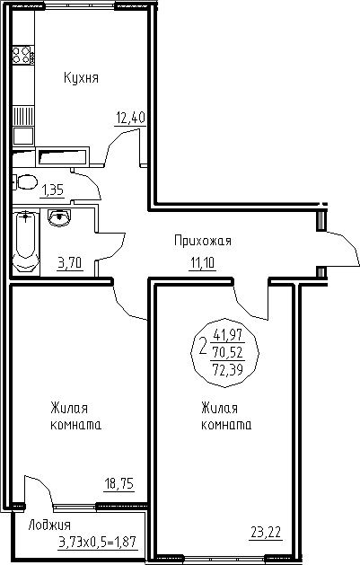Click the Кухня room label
pos(81,78)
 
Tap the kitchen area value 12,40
pos(130,118)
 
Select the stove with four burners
pos(23,55)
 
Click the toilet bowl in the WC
pos(25,182)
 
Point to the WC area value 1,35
pos(53,190)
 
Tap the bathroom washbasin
pos(60,217)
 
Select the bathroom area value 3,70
pos(70,262)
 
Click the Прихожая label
pos(202,241)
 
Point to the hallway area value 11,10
pos(202,264)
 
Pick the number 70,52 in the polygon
pos(228,351)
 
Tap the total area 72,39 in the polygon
pos(228,369)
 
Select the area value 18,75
pos(119,483)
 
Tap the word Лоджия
pos(49,525)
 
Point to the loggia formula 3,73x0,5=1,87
pos(98,542)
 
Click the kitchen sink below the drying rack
pos(23,136)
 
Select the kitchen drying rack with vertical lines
pos(23,115)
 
